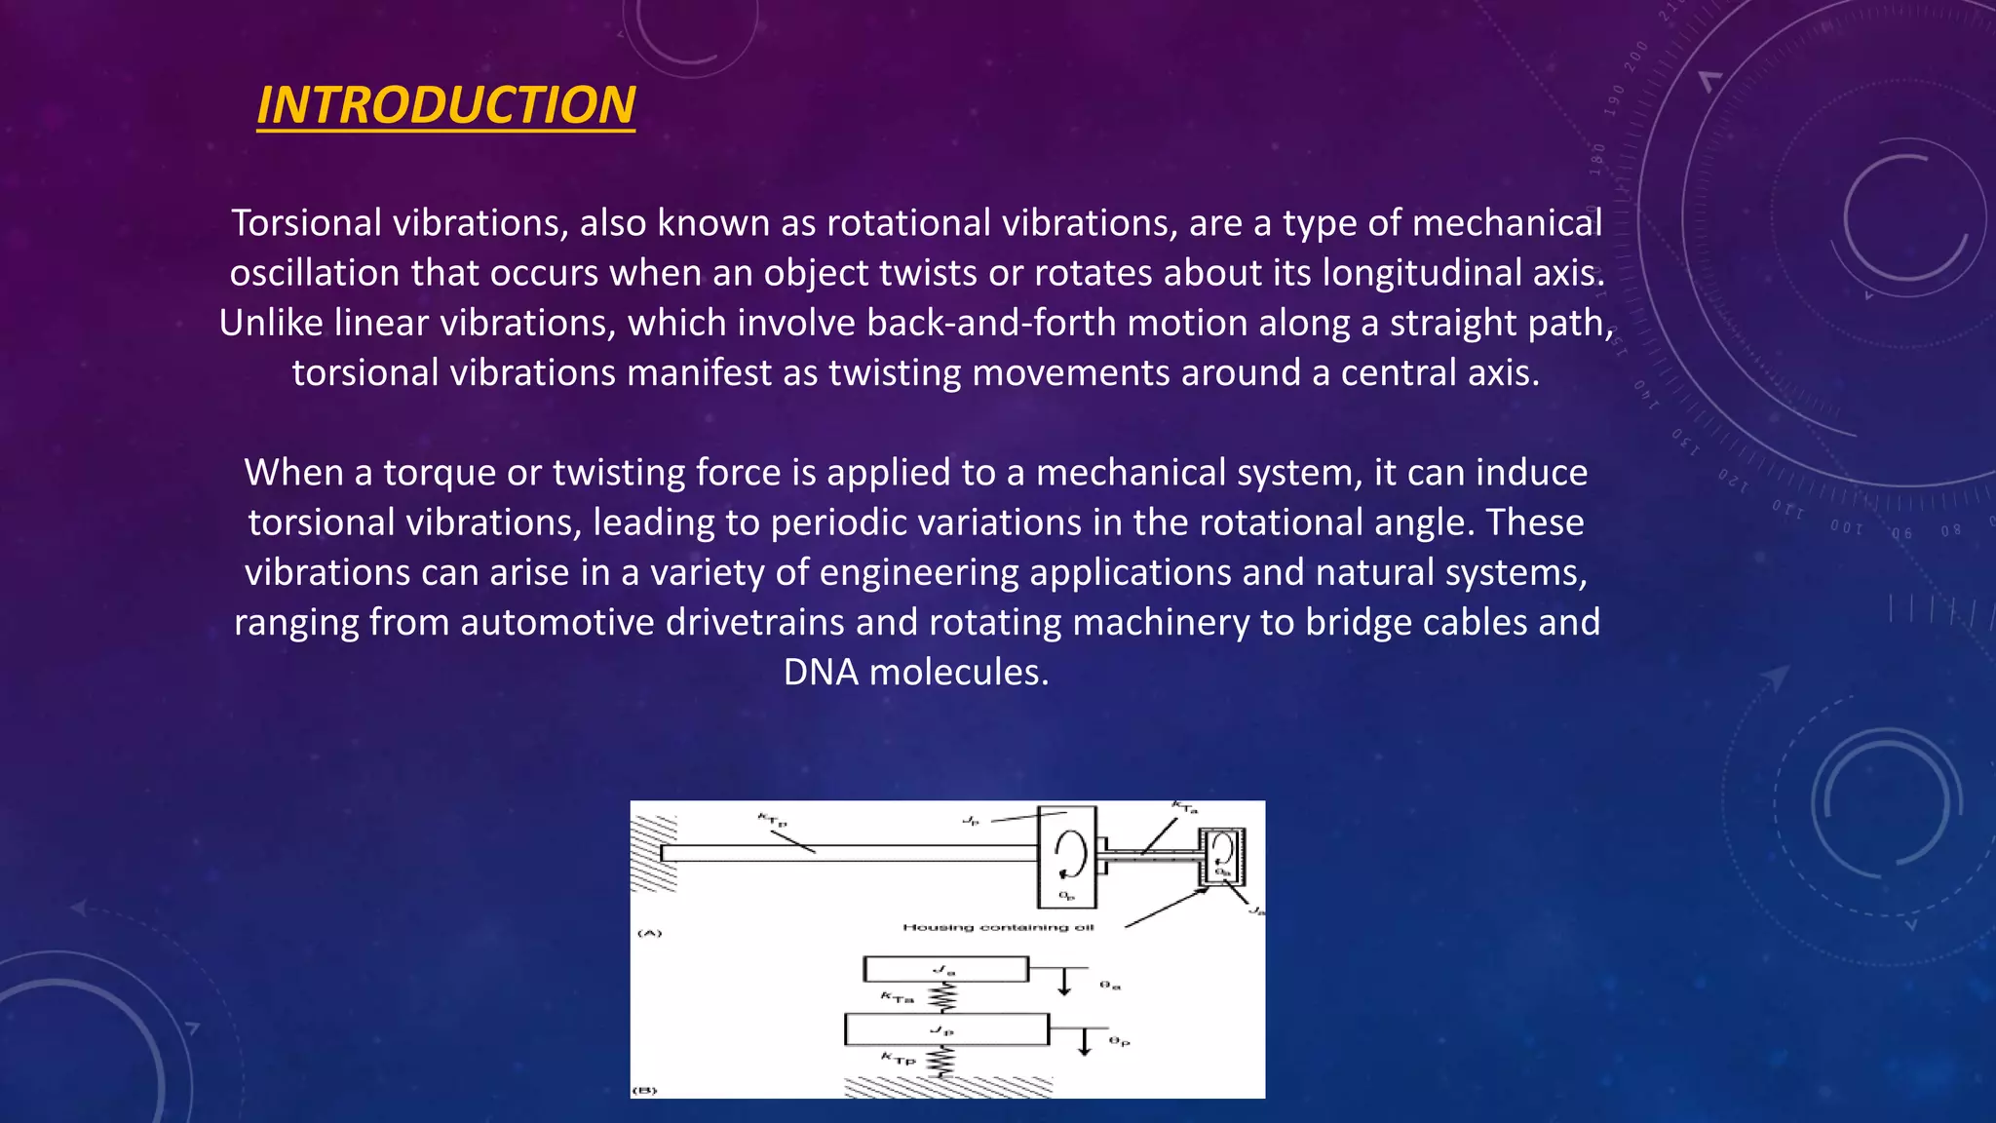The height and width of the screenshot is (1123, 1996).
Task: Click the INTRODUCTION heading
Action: coord(445,105)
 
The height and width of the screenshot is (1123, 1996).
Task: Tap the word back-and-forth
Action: coord(991,323)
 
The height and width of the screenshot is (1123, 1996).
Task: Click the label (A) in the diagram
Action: coord(649,933)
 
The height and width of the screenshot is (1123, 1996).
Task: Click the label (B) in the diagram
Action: coord(645,1090)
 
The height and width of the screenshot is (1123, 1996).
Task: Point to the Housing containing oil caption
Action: coord(998,927)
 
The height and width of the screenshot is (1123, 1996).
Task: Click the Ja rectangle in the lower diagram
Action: coord(945,969)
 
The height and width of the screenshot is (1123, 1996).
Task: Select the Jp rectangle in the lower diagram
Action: coord(946,1029)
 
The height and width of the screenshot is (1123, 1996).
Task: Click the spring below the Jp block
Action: coord(941,1061)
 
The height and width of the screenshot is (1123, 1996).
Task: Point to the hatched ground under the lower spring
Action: coord(947,1087)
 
